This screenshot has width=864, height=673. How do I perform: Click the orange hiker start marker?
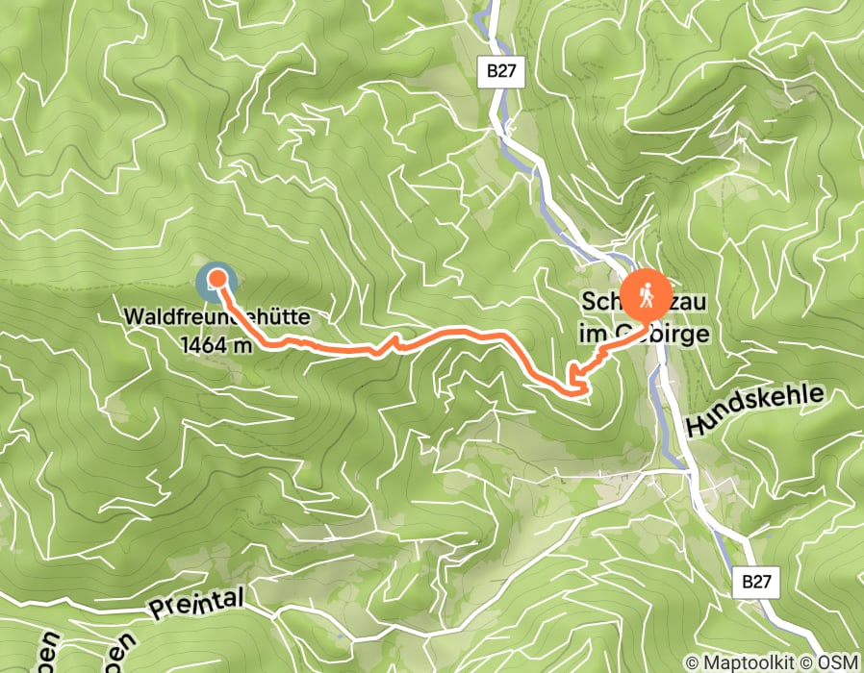tap(648, 295)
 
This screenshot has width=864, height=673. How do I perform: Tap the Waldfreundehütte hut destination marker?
tap(216, 282)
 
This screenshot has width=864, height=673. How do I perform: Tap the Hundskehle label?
tap(755, 410)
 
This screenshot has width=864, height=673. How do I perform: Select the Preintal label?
tap(197, 606)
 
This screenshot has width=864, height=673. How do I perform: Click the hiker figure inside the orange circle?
tap(648, 295)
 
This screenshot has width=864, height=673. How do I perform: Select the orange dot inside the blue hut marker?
tap(217, 280)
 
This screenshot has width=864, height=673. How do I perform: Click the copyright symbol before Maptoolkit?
tap(691, 662)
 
